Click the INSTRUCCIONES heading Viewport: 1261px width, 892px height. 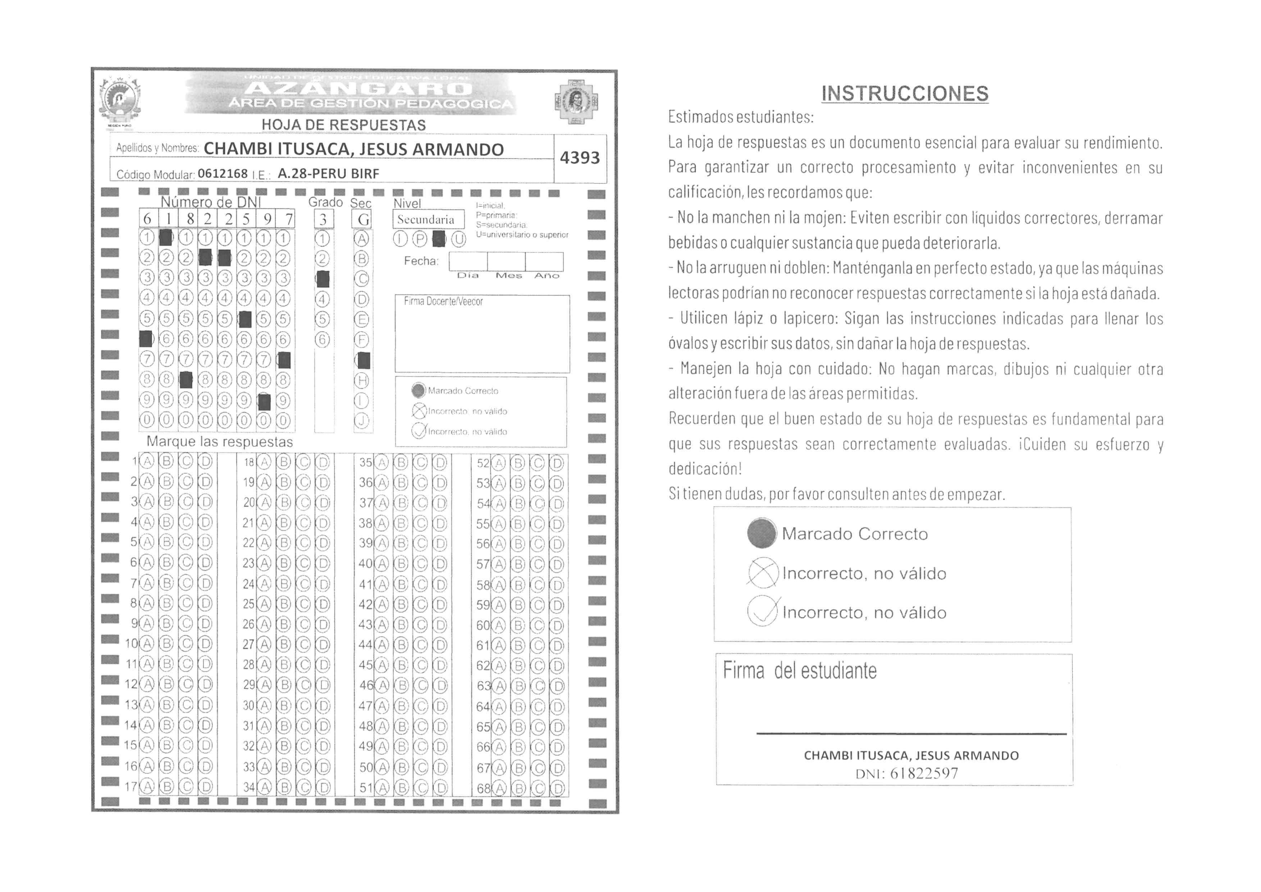click(x=905, y=94)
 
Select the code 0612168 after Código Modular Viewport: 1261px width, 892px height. click(x=223, y=174)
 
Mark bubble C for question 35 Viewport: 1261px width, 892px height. click(x=421, y=463)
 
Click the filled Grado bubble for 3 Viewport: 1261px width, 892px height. click(x=323, y=279)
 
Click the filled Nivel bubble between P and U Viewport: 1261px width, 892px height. click(x=438, y=239)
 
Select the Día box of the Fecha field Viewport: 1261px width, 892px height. click(x=468, y=261)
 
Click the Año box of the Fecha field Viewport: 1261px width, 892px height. click(x=544, y=261)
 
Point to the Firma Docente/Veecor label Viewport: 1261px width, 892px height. click(x=443, y=301)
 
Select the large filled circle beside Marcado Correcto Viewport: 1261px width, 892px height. click(x=762, y=533)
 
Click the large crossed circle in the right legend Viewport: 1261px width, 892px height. click(x=763, y=573)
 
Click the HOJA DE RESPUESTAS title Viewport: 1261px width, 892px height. click(x=343, y=125)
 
